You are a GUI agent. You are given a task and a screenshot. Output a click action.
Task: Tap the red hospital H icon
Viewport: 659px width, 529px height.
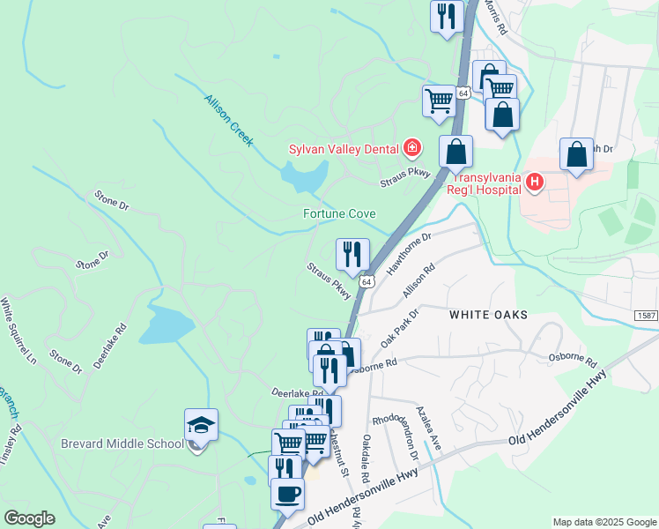pyautogui.click(x=533, y=183)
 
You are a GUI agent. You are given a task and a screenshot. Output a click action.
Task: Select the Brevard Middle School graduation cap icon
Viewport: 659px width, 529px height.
pyautogui.click(x=200, y=425)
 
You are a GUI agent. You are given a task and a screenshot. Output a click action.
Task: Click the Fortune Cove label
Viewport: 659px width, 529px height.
pyautogui.click(x=339, y=214)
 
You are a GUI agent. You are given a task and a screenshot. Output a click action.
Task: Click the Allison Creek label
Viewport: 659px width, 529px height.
pyautogui.click(x=229, y=121)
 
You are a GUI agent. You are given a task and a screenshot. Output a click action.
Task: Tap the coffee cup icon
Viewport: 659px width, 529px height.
pyautogui.click(x=287, y=494)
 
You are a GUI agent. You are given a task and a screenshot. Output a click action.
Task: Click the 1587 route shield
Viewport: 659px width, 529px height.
pyautogui.click(x=646, y=315)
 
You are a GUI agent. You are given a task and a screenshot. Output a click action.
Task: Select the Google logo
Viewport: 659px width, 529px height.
pyautogui.click(x=29, y=518)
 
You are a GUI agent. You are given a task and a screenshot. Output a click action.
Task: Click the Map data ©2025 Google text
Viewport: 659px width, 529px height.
pyautogui.click(x=603, y=521)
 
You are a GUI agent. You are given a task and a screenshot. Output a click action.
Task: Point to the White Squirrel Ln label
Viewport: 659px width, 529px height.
pyautogui.click(x=19, y=331)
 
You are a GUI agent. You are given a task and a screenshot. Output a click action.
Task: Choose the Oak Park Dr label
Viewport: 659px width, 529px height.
pyautogui.click(x=398, y=327)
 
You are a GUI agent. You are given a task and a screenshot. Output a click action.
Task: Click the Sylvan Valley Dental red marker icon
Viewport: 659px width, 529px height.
pyautogui.click(x=411, y=147)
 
